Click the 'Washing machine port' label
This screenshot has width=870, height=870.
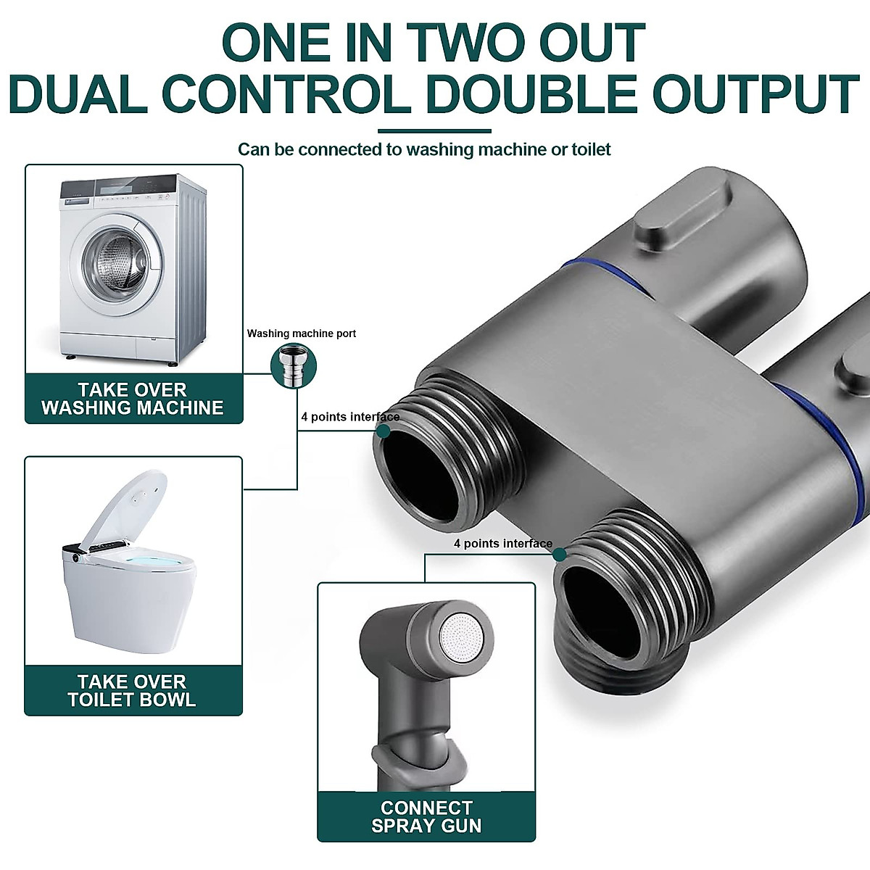pyautogui.click(x=302, y=333)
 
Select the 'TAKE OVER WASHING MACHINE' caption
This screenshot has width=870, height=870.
pyautogui.click(x=133, y=399)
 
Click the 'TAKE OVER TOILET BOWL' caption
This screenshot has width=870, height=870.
pyautogui.click(x=133, y=690)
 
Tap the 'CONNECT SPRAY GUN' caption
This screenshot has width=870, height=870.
pyautogui.click(x=426, y=816)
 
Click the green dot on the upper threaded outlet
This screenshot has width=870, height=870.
pyautogui.click(x=384, y=431)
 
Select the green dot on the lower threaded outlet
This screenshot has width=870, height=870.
pyautogui.click(x=559, y=555)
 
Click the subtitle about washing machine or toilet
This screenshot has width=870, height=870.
pyautogui.click(x=424, y=150)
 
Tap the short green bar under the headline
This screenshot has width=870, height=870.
pyautogui.click(x=434, y=131)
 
